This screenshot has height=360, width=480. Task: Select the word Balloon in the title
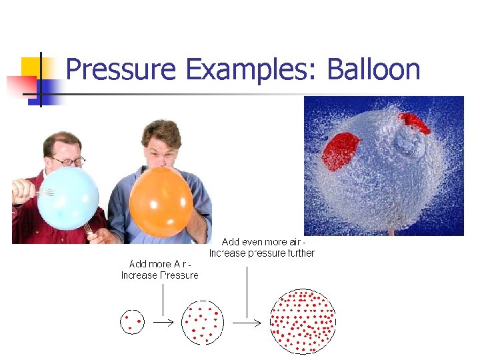373,70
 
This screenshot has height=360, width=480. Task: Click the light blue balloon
67,198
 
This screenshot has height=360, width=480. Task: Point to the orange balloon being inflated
161,202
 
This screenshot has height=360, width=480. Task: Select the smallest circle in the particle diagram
131,321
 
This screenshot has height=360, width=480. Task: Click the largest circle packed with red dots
302,321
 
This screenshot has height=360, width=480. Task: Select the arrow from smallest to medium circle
163,322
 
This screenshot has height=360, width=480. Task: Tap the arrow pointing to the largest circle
246,322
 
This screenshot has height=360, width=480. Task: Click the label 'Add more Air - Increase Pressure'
160,270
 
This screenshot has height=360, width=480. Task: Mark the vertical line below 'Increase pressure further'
247,291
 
